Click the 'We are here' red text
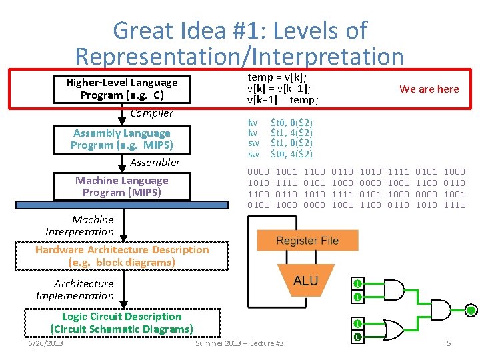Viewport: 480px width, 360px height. (x=429, y=89)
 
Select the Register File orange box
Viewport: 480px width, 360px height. (x=307, y=241)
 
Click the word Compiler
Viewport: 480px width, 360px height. (x=151, y=113)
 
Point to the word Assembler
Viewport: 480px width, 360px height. (x=155, y=162)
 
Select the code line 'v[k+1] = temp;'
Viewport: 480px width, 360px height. (x=283, y=100)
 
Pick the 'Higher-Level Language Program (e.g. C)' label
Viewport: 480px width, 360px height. (x=121, y=89)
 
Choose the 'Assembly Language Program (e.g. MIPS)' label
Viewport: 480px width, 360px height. (x=121, y=139)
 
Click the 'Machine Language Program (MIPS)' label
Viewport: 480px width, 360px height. (x=121, y=186)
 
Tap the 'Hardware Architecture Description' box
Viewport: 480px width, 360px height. (x=122, y=256)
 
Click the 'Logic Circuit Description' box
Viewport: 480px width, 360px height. (x=122, y=323)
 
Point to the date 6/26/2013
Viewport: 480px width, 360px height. (x=45, y=343)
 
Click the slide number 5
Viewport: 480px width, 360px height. (x=449, y=343)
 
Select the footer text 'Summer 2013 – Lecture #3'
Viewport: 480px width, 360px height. (x=239, y=343)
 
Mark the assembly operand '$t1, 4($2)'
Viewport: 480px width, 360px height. (x=291, y=133)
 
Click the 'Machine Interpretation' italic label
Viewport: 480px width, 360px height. (x=80, y=225)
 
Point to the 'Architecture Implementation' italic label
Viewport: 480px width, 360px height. (x=75, y=289)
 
